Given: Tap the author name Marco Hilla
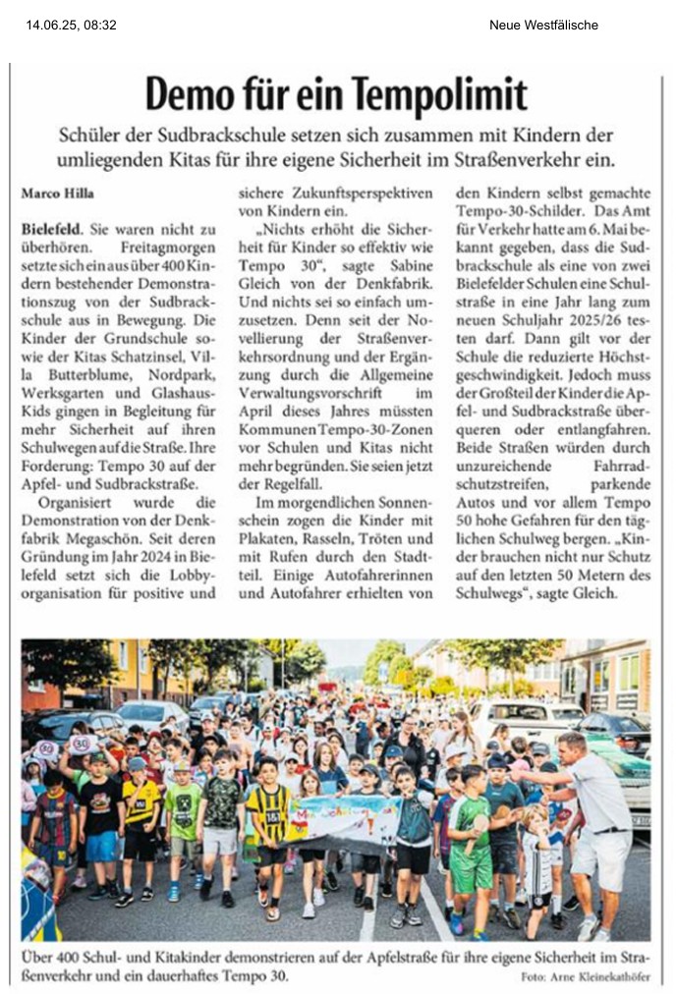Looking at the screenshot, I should coord(58,193).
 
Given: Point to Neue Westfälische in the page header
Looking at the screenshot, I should coord(543,25).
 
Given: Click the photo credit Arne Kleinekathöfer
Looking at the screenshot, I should coord(610,976).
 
